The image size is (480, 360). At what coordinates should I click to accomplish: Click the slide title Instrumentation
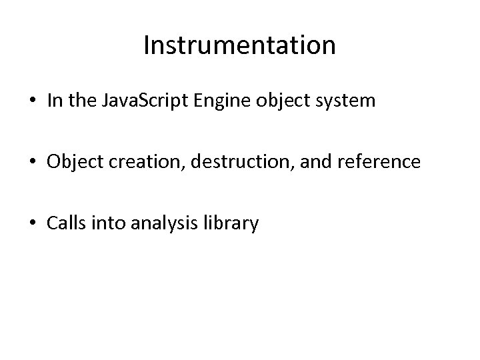239,45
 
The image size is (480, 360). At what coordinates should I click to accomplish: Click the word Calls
65,224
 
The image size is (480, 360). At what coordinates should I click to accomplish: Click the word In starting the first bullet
54,101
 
